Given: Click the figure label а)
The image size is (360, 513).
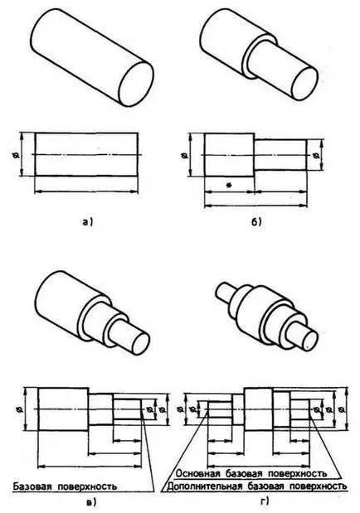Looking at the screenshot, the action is tap(87, 222).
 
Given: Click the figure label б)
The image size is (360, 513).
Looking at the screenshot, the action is tap(256, 222).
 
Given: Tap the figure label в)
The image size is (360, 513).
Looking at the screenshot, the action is tap(91, 501).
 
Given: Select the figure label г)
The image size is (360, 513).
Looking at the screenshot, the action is tap(265, 501).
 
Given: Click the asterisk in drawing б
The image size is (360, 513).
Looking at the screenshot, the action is tap(229, 185).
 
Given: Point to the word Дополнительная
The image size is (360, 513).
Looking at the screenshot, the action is tap(205, 486).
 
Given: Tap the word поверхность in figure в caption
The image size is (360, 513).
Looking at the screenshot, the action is tap(87, 486).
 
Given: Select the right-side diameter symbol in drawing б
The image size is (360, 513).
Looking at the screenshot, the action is tap(316, 156).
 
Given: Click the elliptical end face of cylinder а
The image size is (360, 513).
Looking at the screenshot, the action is tap(136, 84).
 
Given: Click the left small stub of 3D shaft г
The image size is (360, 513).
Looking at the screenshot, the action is tap(224, 291).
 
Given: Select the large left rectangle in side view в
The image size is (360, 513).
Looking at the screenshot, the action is tap(63, 409).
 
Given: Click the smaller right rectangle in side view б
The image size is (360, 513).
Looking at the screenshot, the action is tap(280, 155).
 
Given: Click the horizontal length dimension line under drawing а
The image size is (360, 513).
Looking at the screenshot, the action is tap(86, 191).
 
